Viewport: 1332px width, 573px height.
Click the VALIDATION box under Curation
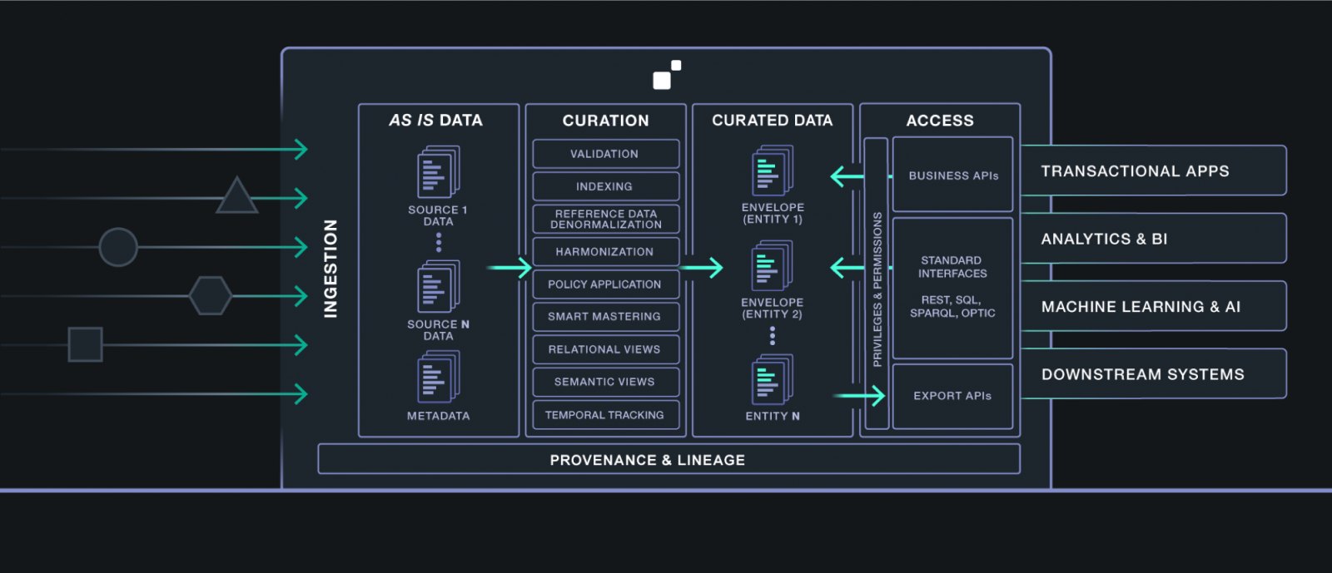605,154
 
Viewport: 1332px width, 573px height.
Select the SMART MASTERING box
605,317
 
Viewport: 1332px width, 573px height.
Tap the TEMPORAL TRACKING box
605,415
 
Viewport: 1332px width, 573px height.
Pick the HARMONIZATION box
605,252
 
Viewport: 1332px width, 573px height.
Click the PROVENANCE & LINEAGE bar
668,460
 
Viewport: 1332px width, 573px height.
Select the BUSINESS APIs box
952,175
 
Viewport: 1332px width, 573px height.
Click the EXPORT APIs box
952,396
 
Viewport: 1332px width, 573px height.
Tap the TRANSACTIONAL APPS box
1153,171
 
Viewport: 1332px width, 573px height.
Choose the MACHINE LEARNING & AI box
1153,307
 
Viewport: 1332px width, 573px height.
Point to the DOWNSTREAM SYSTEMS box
1153,374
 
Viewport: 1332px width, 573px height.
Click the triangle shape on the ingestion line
236,198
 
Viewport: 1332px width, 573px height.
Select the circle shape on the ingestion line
118,247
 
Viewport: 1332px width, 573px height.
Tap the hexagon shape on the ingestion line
210,295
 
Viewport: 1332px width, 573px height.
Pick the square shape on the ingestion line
85,344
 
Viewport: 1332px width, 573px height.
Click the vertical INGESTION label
331,269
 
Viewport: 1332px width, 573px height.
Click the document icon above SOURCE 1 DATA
438,172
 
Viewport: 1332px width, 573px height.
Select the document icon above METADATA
438,377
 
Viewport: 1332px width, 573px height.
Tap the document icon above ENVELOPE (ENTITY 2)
772,266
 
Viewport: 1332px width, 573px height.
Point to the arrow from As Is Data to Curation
509,268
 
